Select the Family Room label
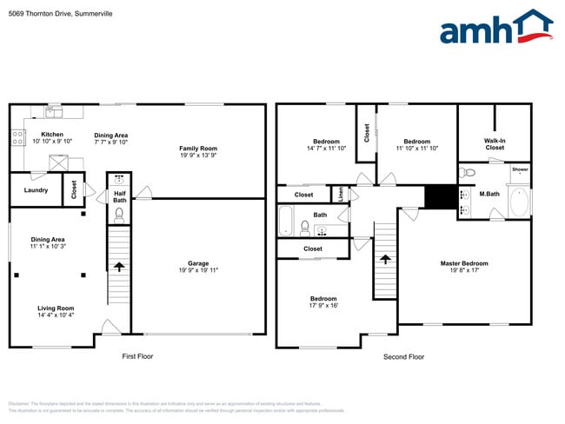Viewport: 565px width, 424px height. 197,149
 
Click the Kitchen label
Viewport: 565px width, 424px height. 52,135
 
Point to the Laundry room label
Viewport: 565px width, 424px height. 36,189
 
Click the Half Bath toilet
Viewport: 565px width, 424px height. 119,211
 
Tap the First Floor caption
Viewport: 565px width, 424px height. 138,356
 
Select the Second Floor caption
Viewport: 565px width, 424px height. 403,356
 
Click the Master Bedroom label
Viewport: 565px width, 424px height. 463,263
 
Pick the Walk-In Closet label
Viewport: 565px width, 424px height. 494,144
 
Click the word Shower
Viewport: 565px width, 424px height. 520,169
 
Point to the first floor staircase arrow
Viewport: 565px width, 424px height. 119,268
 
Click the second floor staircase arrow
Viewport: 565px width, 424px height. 385,259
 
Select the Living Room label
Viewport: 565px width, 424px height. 55,308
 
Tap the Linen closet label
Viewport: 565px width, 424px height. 340,195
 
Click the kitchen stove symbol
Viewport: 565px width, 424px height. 17,136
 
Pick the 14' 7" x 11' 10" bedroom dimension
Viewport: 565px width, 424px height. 326,149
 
